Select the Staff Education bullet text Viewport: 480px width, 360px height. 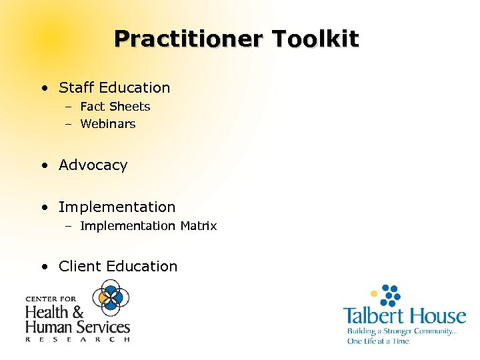(114, 87)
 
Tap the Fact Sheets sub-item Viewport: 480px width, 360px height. (115, 107)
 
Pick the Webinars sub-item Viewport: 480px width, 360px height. (107, 124)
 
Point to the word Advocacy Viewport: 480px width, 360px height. (93, 165)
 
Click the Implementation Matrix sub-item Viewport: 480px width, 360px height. (148, 226)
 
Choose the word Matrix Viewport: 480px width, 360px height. (199, 226)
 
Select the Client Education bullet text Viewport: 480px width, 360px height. (118, 267)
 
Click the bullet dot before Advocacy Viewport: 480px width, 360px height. (43, 166)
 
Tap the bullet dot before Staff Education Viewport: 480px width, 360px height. (43, 88)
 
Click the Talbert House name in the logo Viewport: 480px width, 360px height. (405, 315)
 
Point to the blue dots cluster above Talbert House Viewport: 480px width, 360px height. (391, 294)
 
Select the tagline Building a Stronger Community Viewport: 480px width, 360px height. (401, 331)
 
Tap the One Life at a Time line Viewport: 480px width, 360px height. (378, 341)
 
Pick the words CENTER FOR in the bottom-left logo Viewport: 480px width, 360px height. (51, 299)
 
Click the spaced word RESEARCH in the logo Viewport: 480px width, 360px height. (77, 339)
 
